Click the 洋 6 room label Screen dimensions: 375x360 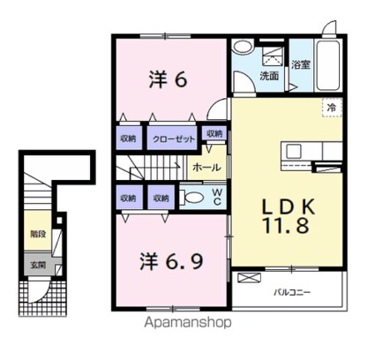coord(168,79)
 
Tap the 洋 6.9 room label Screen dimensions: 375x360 coord(171,261)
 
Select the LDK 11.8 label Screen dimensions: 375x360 coord(288,216)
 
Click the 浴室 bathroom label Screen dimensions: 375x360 coord(301,64)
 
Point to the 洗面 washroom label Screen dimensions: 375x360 coord(269,76)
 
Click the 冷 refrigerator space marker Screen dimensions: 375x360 coord(332,108)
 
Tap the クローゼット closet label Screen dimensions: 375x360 coord(174,139)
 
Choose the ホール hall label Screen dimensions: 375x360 coord(206,168)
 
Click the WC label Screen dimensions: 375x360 coord(217,197)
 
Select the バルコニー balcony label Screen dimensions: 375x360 coord(292,293)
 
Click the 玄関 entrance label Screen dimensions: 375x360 coord(38,265)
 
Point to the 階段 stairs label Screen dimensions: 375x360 coord(38,234)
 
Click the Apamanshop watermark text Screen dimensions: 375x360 coord(188,323)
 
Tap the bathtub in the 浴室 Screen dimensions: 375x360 coord(328,66)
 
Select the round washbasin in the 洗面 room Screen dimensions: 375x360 coord(243,47)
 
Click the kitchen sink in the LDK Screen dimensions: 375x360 coord(294,152)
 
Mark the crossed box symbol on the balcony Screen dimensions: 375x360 coord(249,278)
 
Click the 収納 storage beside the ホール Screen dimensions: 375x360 coord(214,133)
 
